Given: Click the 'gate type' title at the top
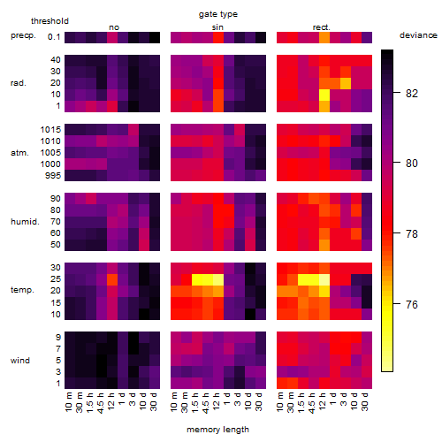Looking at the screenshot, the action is [x=218, y=14].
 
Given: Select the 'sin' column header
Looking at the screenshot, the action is [x=217, y=27].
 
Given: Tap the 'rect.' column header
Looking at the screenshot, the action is [x=322, y=27].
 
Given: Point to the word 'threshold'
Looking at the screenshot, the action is [x=50, y=21].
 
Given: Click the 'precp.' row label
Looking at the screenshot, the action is [x=23, y=35].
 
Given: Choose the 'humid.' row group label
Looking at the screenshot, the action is [x=25, y=222].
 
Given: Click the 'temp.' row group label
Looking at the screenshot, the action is [x=22, y=290].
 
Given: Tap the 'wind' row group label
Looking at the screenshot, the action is [x=20, y=361].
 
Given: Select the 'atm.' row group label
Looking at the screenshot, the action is [x=19, y=153].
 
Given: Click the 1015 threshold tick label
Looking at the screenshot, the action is [x=50, y=130].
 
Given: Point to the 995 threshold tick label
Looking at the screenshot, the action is [x=53, y=176].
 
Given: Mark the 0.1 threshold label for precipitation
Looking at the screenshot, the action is [x=54, y=37].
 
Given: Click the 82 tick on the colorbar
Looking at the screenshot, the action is [x=412, y=94].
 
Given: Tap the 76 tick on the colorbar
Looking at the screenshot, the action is [x=412, y=304].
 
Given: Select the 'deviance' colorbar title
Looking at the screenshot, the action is [x=418, y=35].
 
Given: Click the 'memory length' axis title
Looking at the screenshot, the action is [x=217, y=430].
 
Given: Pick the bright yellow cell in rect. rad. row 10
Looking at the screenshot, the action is [x=324, y=95].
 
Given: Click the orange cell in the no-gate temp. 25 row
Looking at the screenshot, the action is [x=112, y=279].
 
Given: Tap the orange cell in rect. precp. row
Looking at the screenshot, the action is [x=324, y=37].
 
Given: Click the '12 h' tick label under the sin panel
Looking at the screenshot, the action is [x=217, y=401].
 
